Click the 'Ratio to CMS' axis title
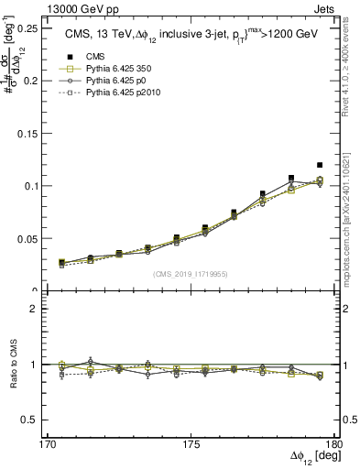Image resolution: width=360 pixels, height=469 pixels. click(x=13, y=365)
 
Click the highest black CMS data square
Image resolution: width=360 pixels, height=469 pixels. click(x=320, y=165)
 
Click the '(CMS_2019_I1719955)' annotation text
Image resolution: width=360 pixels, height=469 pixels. click(x=191, y=272)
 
